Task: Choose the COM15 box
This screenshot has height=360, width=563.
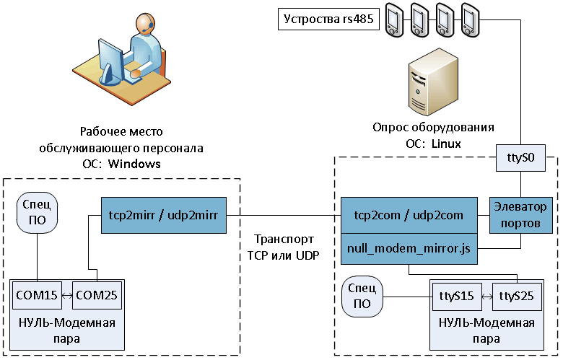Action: pos(36,296)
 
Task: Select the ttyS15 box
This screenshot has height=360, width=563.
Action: pos(456,297)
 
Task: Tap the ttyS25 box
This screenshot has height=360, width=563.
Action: pos(518,297)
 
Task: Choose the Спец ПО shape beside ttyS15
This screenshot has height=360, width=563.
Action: pos(363,297)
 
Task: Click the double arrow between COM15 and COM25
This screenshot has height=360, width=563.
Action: pos(66,296)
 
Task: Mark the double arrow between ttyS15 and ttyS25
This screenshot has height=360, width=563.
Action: pos(486,297)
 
